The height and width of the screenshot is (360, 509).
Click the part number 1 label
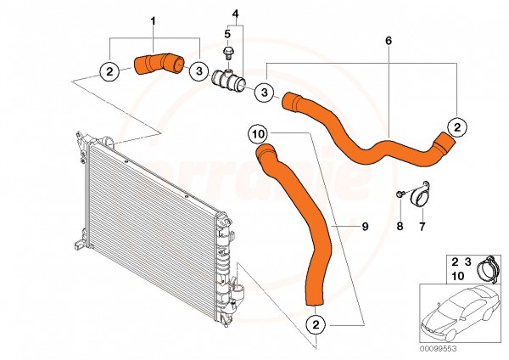(153, 19)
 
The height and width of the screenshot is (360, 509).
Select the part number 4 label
(235, 14)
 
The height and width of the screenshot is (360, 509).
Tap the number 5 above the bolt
(227, 34)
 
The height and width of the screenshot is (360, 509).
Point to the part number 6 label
(389, 41)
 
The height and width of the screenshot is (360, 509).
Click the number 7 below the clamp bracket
(422, 227)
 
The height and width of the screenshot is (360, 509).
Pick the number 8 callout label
(399, 227)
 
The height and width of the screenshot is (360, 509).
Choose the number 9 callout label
(364, 227)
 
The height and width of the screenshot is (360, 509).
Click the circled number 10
(258, 134)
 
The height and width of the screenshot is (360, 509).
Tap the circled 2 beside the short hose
(110, 71)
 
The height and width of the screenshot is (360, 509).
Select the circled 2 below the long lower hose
(315, 323)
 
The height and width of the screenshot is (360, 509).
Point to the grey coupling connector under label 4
(229, 80)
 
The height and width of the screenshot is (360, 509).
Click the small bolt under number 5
(227, 52)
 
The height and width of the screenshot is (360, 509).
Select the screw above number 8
(398, 197)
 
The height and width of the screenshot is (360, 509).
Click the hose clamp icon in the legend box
(485, 269)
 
